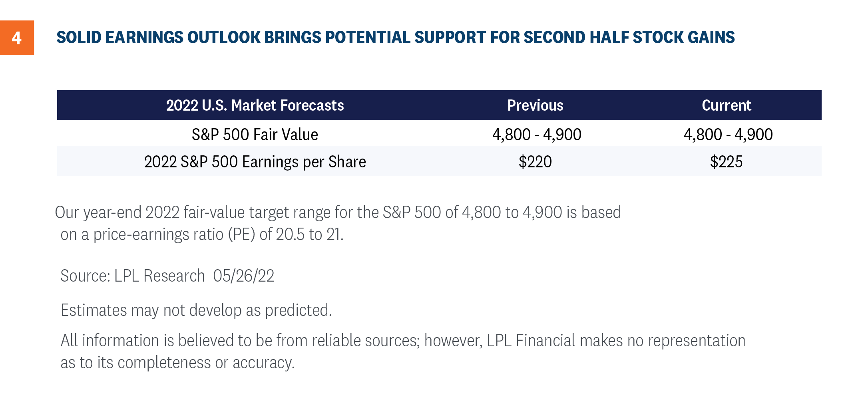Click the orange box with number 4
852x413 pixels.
tap(17, 38)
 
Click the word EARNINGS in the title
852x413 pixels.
tap(144, 37)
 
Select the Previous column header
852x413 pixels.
tap(535, 105)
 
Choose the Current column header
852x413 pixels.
tap(727, 105)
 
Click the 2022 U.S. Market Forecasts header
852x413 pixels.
tap(255, 105)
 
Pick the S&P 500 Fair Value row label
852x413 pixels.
tap(255, 135)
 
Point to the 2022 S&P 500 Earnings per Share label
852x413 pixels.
tap(255, 162)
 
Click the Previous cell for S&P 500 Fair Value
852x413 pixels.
tap(537, 135)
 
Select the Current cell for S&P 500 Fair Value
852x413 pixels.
tap(728, 135)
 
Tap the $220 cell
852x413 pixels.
tap(535, 162)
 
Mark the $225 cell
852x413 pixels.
tap(726, 162)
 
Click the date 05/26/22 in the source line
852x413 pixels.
tap(244, 276)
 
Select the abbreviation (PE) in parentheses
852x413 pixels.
tap(241, 234)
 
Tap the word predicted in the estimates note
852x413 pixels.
tap(298, 310)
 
